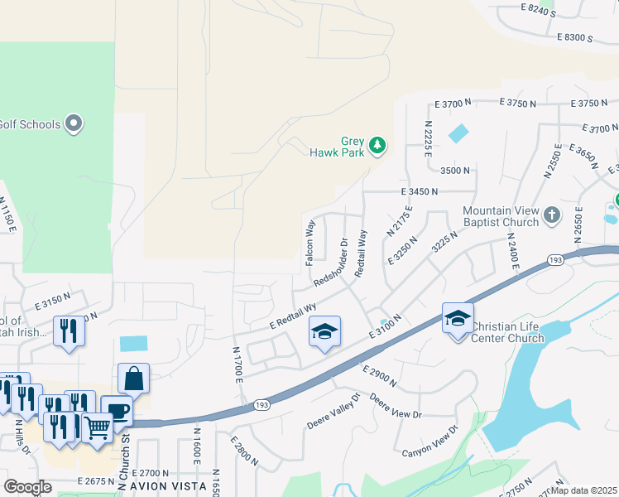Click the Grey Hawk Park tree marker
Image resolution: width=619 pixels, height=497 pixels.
(377, 146)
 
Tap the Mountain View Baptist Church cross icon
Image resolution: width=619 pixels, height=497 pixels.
(553, 217)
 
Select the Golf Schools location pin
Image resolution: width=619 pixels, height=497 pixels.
(74, 124)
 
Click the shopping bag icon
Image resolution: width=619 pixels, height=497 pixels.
(133, 379)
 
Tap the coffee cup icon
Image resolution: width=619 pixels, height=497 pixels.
(117, 411)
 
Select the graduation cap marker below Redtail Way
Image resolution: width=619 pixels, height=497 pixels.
(325, 332)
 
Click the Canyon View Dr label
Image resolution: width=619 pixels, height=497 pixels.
(430, 442)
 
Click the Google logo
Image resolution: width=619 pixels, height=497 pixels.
(27, 487)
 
